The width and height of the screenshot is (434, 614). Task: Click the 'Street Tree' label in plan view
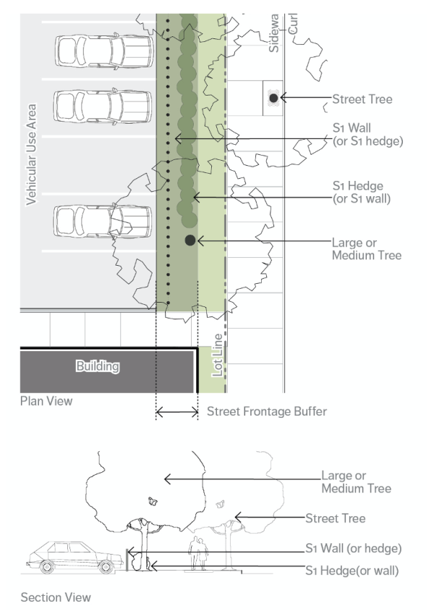[x=362, y=98]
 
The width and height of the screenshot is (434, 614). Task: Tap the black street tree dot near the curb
[x=273, y=97]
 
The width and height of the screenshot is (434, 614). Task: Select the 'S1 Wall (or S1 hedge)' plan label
[x=367, y=134]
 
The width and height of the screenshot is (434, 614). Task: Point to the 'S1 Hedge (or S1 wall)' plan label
[x=362, y=192]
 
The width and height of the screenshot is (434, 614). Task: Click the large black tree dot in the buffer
[x=190, y=240]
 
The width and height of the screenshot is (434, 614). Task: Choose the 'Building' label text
[x=98, y=366]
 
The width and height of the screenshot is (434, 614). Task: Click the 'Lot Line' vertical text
[x=216, y=355]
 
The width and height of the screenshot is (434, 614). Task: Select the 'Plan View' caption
[x=46, y=400]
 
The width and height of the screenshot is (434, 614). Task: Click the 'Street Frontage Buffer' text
[x=267, y=411]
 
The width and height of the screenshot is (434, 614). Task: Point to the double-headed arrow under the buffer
[x=177, y=413]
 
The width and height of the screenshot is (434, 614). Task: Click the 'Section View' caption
[x=56, y=597]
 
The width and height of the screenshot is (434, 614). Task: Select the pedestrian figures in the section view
[x=197, y=554]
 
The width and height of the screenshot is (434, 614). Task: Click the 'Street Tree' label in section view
[x=335, y=518]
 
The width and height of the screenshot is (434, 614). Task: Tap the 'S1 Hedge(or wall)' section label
[x=352, y=571]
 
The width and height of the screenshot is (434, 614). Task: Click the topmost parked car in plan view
[x=104, y=50]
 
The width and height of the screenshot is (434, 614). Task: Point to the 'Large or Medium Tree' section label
[x=356, y=483]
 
